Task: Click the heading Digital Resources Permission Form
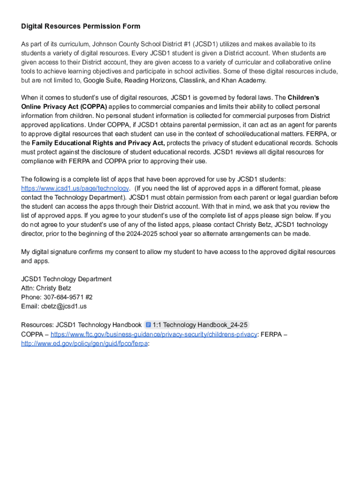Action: [x=80, y=26]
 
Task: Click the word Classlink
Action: [x=192, y=80]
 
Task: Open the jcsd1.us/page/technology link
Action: [x=75, y=189]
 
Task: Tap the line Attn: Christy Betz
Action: [x=46, y=288]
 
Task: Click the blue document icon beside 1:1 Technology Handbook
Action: [x=148, y=325]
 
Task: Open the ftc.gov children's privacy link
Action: [x=154, y=334]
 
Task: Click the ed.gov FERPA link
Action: [x=84, y=343]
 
